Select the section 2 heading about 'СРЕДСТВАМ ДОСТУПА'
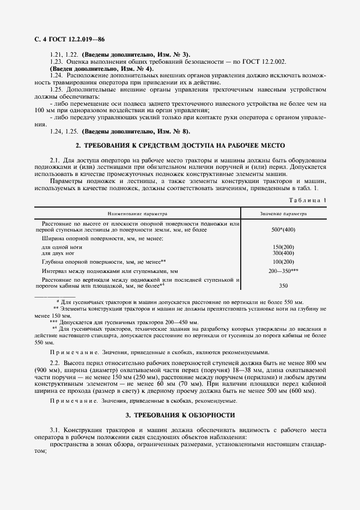click(180, 145)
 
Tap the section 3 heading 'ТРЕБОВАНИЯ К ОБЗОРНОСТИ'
click(180, 415)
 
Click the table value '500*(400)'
click(283, 230)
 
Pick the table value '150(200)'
click(283, 247)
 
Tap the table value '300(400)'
click(283, 253)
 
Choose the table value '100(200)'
click(283, 262)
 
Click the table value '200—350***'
click(283, 270)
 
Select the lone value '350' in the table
click(283, 285)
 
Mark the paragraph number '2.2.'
click(55, 362)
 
